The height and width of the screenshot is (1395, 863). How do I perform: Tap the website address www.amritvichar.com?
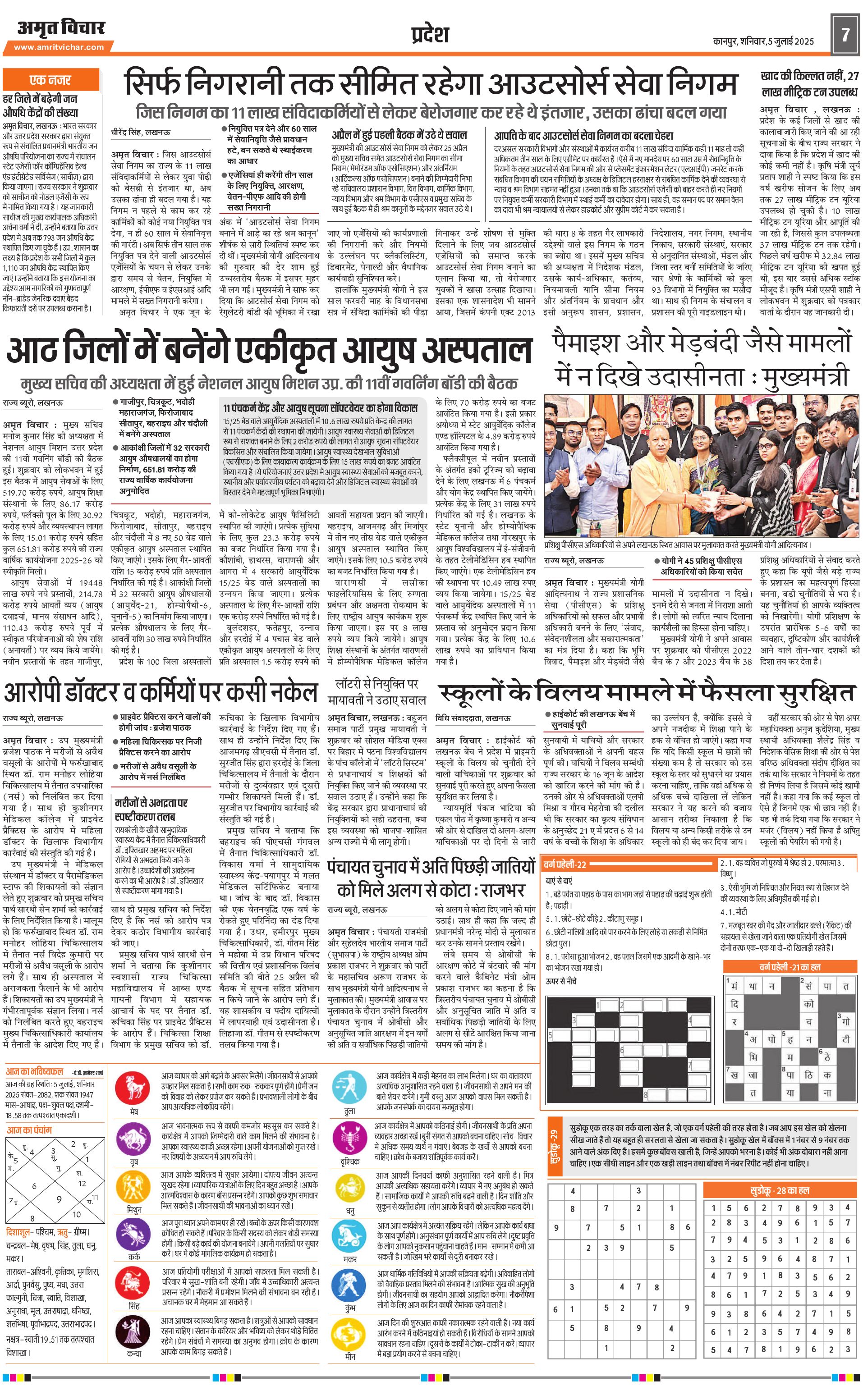pos(59,47)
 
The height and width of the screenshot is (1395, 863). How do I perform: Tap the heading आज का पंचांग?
pos(29,1130)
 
